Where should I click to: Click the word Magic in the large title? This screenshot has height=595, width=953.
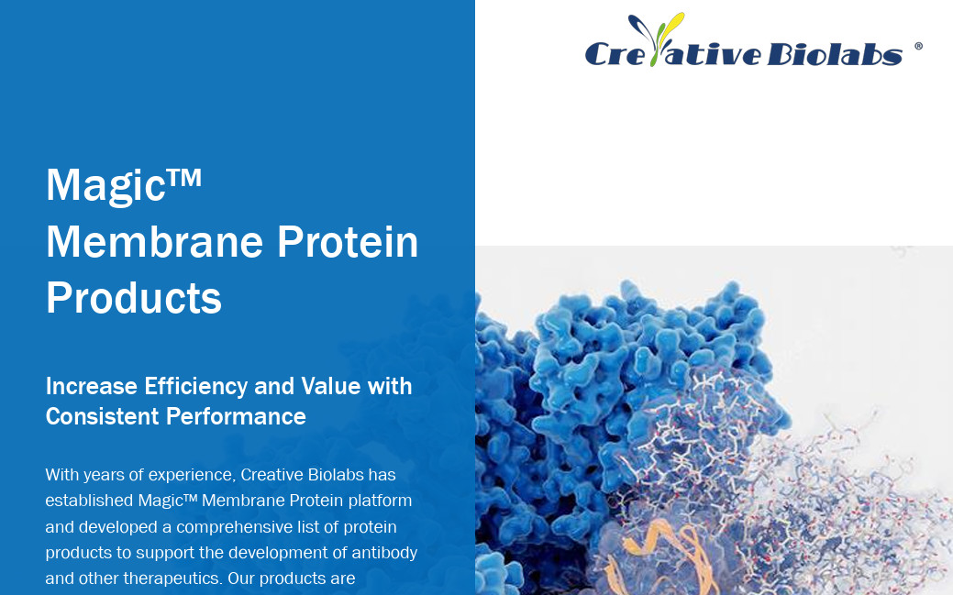(105, 186)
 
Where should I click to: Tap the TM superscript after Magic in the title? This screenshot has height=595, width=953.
(183, 177)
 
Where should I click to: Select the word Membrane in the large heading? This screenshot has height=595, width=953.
(155, 242)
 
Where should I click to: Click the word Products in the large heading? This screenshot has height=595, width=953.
(134, 298)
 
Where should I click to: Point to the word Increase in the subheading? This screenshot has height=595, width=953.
(91, 387)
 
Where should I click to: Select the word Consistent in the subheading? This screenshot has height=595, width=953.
(102, 417)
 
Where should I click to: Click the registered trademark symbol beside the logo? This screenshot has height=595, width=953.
(918, 46)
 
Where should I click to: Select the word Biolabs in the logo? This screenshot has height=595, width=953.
(835, 53)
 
